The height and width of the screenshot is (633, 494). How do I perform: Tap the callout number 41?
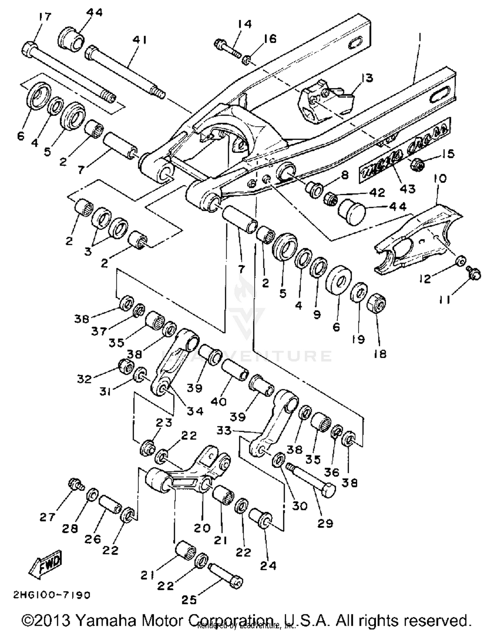pos(140,40)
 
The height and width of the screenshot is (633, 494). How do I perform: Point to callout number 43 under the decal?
pos(408,188)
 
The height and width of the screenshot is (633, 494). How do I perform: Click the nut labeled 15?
pos(417,163)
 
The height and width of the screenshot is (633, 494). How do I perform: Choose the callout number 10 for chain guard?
pos(440,178)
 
